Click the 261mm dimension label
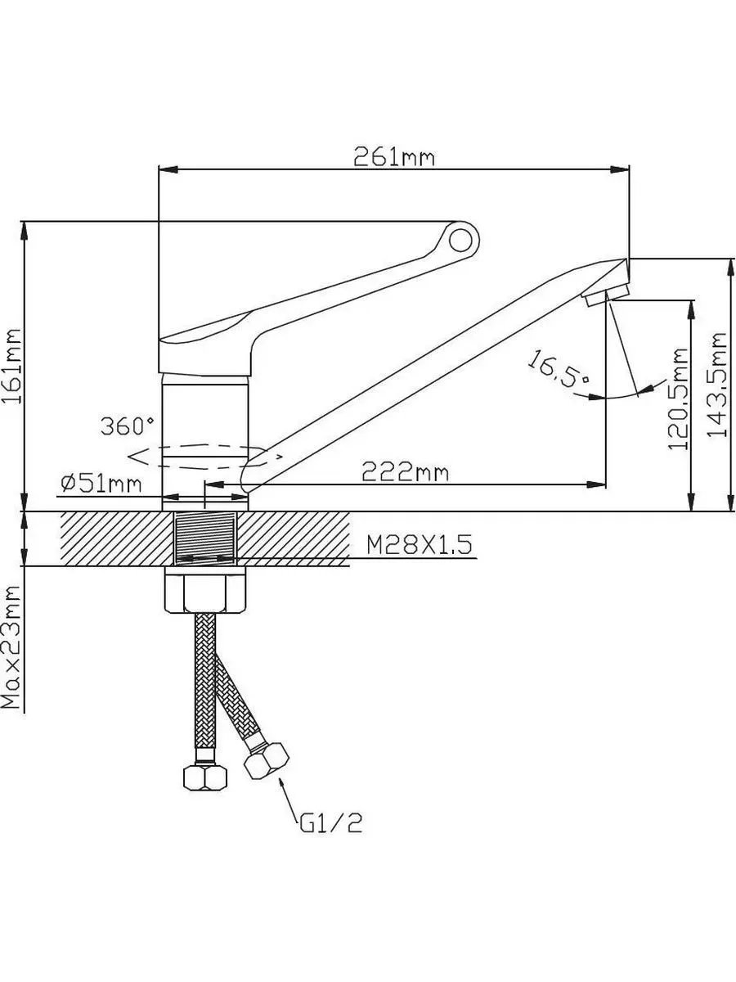tap(393, 156)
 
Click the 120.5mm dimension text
tap(677, 399)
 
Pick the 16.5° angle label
tap(559, 368)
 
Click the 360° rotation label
tap(128, 426)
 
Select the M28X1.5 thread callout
tap(420, 545)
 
